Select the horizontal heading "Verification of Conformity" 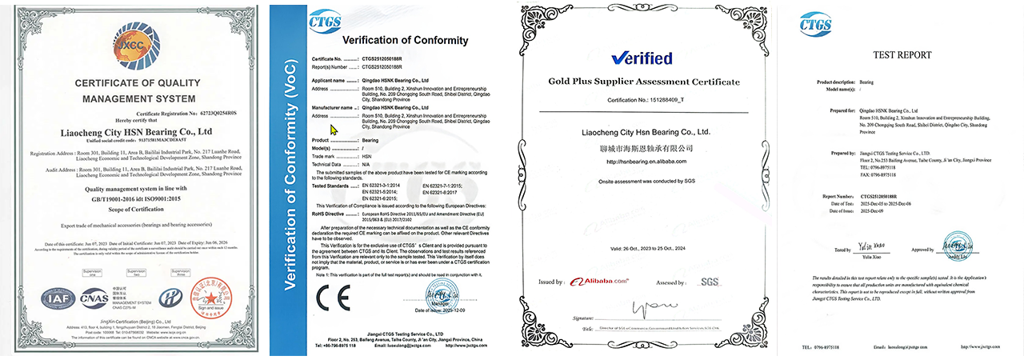(394, 40)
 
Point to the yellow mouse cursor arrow (334, 130)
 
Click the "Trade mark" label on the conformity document (326, 156)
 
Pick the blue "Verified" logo (642, 58)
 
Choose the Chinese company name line (645, 148)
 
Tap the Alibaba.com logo (598, 282)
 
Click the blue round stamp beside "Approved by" (954, 242)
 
